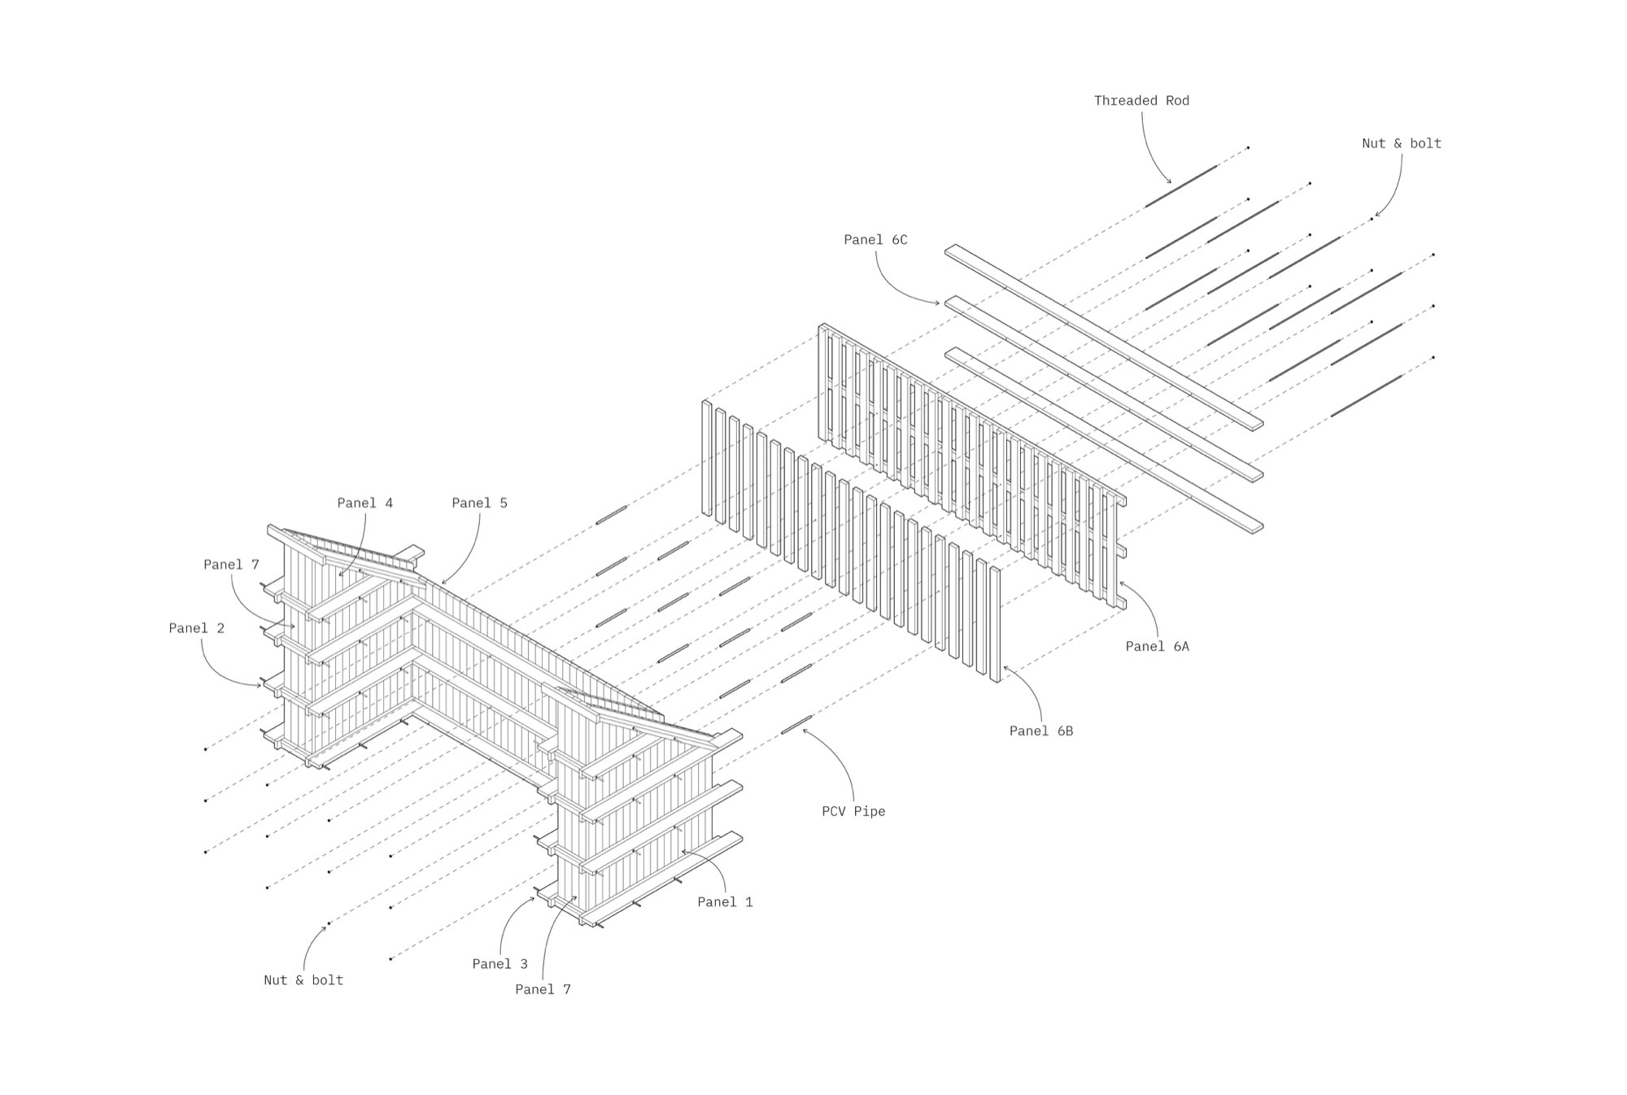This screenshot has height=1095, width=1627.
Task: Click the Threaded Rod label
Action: [x=1141, y=101]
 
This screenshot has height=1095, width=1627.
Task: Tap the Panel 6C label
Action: [x=875, y=240]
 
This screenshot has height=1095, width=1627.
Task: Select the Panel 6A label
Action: [x=1157, y=647]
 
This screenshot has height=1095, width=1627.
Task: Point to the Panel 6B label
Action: [x=1041, y=731]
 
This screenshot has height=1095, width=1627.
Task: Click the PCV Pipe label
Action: [x=853, y=812]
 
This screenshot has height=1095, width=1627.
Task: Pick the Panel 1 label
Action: [x=725, y=902]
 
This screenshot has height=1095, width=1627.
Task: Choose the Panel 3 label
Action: [x=499, y=965]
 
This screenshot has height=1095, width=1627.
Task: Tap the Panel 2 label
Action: [x=196, y=629]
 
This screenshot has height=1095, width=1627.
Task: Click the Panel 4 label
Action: [x=364, y=504]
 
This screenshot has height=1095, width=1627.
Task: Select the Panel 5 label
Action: [x=479, y=504]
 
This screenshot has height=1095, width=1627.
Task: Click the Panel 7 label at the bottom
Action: [x=543, y=990]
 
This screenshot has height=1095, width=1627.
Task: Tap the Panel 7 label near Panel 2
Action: [x=231, y=565]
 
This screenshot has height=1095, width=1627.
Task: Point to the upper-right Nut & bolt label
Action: [x=1401, y=144]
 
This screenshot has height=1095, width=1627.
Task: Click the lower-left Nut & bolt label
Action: [x=303, y=981]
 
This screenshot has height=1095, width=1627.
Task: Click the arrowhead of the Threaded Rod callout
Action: [x=1171, y=183]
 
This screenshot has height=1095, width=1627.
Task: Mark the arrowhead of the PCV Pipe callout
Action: [x=803, y=729]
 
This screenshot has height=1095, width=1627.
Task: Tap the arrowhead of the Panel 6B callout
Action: [x=1004, y=666]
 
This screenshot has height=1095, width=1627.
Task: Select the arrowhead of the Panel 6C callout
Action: [x=940, y=303]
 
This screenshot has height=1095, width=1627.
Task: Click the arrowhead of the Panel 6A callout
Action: [x=1120, y=582]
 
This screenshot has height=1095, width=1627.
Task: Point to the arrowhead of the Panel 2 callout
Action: [x=263, y=687]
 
